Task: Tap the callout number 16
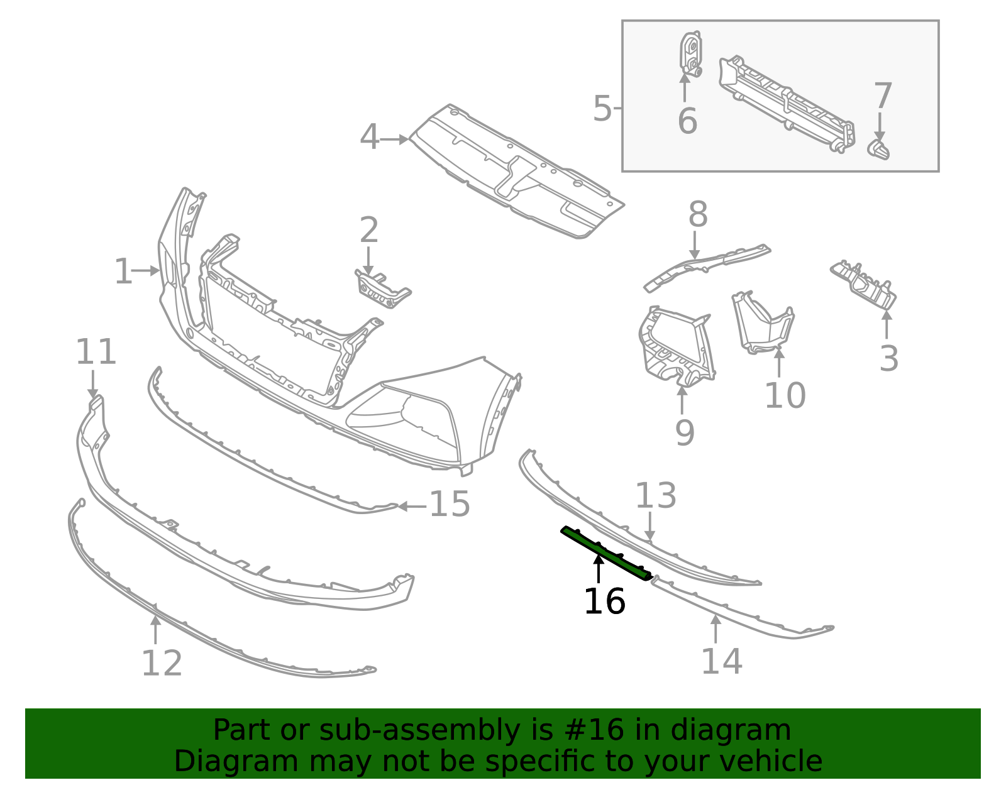(x=604, y=601)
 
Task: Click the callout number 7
(x=883, y=96)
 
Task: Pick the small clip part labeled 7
(x=879, y=150)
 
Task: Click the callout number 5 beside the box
(x=602, y=109)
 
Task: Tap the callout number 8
(x=698, y=215)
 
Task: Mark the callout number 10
(x=785, y=395)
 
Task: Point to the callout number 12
(x=162, y=664)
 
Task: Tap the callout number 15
(x=450, y=505)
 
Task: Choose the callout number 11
(x=96, y=352)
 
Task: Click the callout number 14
(x=722, y=661)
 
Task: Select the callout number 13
(x=656, y=496)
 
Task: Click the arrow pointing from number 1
(x=147, y=271)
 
